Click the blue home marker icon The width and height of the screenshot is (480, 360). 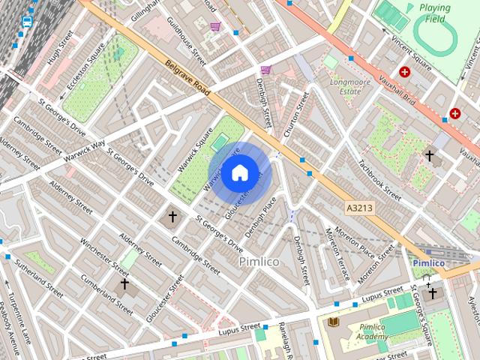239,173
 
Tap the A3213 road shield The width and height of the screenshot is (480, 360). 361,206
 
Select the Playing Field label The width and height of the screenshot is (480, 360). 435,13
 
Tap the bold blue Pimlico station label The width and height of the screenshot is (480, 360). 428,263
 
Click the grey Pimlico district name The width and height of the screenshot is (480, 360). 259,262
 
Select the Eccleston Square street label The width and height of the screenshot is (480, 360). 87,61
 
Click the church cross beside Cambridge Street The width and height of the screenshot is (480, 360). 172,217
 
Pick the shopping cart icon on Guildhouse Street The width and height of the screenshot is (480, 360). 215,26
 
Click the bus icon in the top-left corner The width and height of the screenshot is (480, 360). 27,21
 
